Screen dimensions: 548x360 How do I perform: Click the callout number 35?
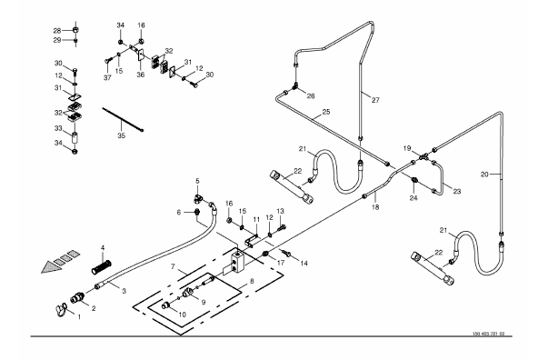click(x=121, y=135)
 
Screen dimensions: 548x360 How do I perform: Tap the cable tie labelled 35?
click(x=123, y=119)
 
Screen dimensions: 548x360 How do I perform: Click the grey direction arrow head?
click(x=52, y=267)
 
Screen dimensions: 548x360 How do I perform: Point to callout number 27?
click(x=375, y=100)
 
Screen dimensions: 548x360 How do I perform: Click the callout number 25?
click(x=326, y=112)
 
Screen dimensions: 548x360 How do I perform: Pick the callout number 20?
click(x=484, y=174)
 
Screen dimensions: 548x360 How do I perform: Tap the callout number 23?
click(x=457, y=191)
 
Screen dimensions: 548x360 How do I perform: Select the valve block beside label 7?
click(x=238, y=261)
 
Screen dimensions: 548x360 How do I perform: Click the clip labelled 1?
click(x=61, y=309)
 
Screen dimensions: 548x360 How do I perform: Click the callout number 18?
click(x=375, y=207)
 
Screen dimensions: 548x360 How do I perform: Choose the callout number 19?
click(x=407, y=148)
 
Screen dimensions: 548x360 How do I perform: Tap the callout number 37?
click(x=107, y=78)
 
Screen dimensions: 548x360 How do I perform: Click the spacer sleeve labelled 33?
click(x=75, y=137)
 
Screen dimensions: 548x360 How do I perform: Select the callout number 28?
click(x=57, y=31)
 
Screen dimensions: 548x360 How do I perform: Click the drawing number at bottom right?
click(x=489, y=334)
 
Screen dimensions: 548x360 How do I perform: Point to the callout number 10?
click(x=182, y=315)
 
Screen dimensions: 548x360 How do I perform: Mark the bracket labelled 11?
click(x=252, y=240)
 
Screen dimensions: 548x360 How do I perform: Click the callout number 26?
click(x=311, y=96)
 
